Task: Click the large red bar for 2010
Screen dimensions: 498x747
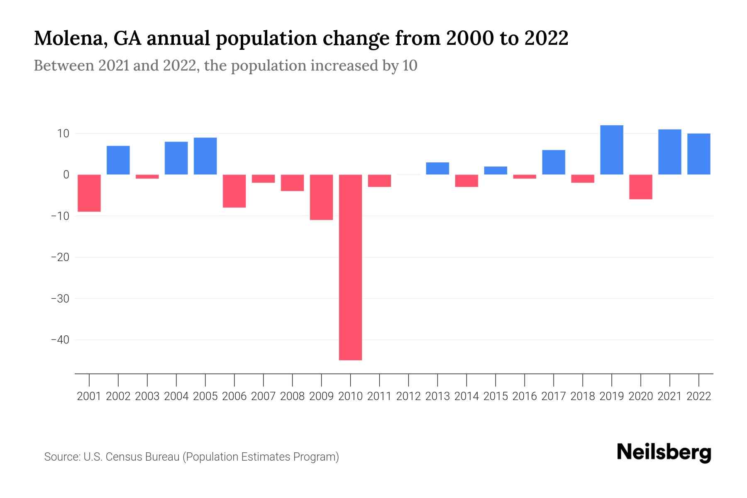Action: tap(350, 267)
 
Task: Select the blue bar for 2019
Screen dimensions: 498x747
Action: tap(612, 150)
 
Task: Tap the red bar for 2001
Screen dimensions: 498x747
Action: tap(89, 193)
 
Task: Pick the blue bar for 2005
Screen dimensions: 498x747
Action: tap(205, 156)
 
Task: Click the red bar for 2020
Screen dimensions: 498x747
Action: tap(641, 187)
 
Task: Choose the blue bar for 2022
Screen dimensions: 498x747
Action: tap(699, 154)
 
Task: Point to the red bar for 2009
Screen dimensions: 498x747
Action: tap(321, 197)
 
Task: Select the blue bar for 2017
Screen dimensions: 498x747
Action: tap(554, 162)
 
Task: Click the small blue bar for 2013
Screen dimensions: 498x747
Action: tap(437, 168)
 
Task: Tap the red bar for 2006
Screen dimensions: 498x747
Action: tap(234, 191)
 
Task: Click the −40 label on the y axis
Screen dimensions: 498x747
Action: tap(60, 340)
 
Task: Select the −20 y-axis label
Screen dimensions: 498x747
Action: tap(60, 257)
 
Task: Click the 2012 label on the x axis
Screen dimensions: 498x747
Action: tap(408, 396)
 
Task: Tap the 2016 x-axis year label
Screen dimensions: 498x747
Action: tap(525, 396)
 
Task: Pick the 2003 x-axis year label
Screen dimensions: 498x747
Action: tap(147, 396)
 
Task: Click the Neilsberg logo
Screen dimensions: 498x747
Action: tap(664, 452)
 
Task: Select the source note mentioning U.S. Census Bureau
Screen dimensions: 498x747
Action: tap(192, 457)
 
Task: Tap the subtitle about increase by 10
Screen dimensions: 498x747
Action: tap(225, 66)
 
